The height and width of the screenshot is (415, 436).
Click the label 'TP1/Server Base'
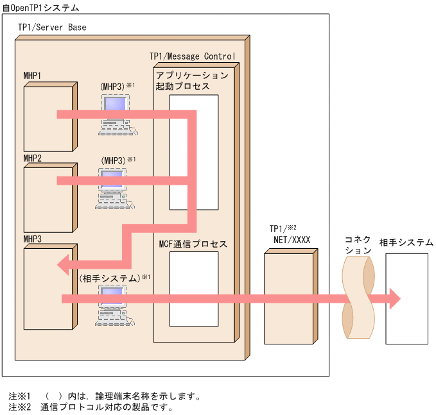click(52, 28)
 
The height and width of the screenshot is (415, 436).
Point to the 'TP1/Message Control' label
click(192, 56)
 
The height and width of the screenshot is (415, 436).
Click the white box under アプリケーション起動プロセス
click(193, 152)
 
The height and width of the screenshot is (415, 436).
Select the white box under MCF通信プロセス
click(193, 289)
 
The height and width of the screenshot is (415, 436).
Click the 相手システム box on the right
click(406, 298)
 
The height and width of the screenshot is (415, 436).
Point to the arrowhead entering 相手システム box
click(393, 298)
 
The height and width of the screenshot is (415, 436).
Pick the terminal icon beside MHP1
click(116, 114)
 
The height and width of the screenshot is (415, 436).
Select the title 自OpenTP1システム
click(41, 8)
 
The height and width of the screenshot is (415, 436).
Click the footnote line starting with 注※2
click(91, 407)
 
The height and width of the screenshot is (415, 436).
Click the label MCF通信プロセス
click(193, 244)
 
